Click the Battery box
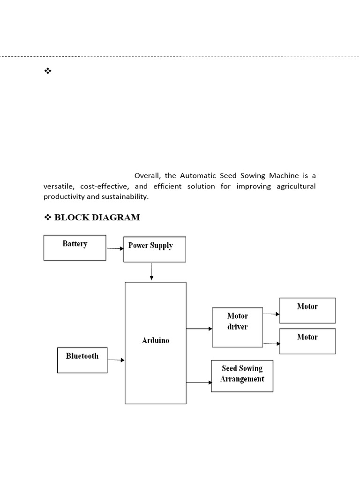75,247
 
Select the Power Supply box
155,249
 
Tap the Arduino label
156,341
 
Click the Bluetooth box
82,360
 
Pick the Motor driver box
237,327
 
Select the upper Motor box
307,310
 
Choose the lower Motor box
307,341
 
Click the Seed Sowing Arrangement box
242,375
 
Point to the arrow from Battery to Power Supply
115,248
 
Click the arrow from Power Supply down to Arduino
151,272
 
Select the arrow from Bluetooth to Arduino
116,360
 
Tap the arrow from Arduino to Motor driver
199,329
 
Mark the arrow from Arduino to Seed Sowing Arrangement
199,382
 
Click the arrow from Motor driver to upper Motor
271,315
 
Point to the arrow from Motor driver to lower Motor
271,344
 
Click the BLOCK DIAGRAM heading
97,217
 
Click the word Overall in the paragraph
147,176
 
